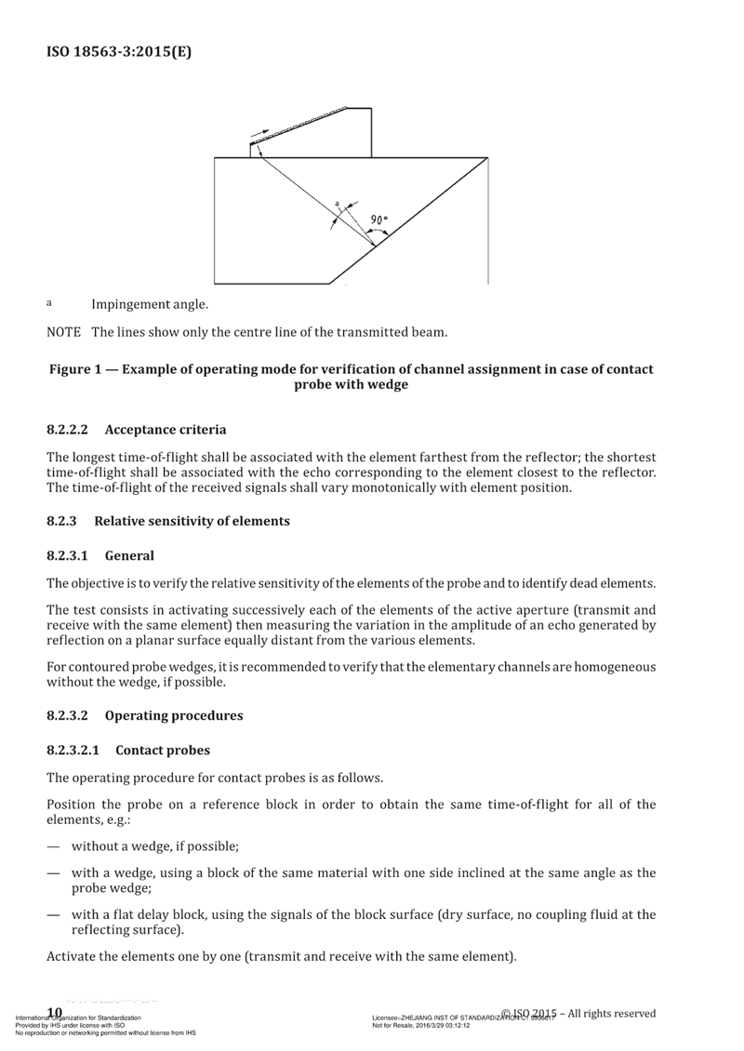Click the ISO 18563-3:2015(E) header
pos(119,52)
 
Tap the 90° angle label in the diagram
pos(379,220)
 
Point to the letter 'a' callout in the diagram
pos(337,202)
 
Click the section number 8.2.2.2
pos(67,430)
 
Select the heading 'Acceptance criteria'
pos(166,430)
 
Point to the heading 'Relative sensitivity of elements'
pos(193,522)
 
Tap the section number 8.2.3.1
pos(67,555)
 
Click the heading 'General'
pos(129,555)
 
